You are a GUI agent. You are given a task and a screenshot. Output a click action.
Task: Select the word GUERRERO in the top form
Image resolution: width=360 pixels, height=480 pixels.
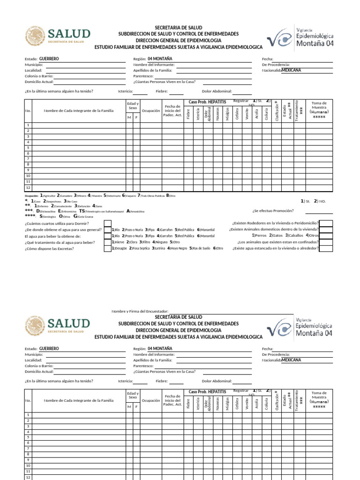(49, 59)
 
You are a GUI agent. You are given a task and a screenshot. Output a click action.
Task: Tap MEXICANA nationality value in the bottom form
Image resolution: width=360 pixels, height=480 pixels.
(291, 360)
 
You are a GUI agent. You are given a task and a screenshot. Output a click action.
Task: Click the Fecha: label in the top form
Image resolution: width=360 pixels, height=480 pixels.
(267, 59)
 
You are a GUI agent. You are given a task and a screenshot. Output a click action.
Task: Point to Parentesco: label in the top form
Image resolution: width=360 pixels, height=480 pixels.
(143, 76)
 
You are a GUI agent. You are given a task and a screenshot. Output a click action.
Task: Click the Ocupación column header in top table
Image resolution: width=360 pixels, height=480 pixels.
(151, 111)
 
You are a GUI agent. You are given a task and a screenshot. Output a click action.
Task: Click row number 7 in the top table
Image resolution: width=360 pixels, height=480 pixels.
(28, 159)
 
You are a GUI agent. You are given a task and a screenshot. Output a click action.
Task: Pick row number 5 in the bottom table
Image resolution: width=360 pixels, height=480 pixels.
(28, 437)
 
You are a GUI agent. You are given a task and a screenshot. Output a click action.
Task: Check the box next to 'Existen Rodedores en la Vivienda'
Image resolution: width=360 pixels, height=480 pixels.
(326, 224)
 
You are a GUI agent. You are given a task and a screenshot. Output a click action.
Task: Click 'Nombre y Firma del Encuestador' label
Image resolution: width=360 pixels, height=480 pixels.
(139, 311)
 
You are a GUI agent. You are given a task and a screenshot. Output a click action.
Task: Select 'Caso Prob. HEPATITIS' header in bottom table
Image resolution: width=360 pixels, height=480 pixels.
(207, 391)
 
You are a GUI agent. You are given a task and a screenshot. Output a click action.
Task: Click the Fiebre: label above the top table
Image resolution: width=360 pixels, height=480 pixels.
(162, 91)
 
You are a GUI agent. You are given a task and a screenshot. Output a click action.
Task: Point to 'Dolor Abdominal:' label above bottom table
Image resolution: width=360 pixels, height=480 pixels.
(217, 381)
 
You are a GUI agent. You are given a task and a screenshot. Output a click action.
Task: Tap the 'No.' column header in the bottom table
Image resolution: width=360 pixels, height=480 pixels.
(28, 400)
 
